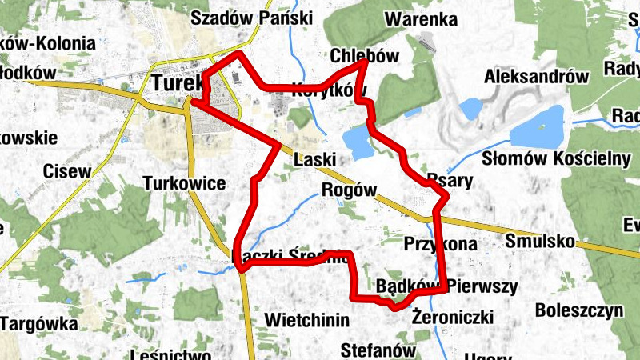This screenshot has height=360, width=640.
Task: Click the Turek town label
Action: pyautogui.click(x=174, y=83)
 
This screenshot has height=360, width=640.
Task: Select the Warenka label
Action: pyautogui.click(x=421, y=19)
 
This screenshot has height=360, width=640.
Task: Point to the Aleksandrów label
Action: pyautogui.click(x=536, y=77)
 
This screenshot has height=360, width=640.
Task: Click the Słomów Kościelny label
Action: pyautogui.click(x=557, y=158)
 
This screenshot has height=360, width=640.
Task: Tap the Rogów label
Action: pyautogui.click(x=348, y=190)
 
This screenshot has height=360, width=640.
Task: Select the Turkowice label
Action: pyautogui.click(x=184, y=183)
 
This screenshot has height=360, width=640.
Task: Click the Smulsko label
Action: pyautogui.click(x=541, y=240)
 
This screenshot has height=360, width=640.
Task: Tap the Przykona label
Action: pyautogui.click(x=440, y=243)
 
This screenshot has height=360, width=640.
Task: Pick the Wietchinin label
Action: pyautogui.click(x=307, y=321)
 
